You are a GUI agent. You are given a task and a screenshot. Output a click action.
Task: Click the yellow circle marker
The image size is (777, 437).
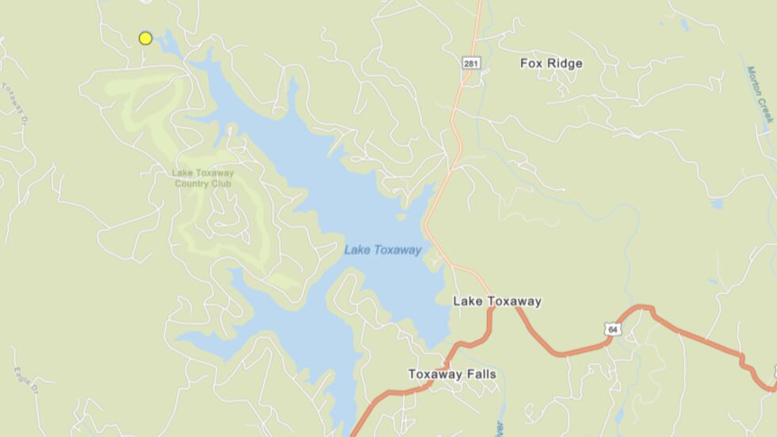click(x=145, y=38)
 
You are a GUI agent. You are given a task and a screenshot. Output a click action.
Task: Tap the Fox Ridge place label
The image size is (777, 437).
click(x=551, y=63)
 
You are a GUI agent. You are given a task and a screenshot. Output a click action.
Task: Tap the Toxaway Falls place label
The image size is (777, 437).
click(x=452, y=374)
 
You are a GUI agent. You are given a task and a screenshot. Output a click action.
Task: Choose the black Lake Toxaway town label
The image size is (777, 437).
click(x=497, y=301)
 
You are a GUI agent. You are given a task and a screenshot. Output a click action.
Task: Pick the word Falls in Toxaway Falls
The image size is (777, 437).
click(x=480, y=374)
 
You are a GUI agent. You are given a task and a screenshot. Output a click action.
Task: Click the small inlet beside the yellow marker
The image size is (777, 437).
click(x=167, y=40)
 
